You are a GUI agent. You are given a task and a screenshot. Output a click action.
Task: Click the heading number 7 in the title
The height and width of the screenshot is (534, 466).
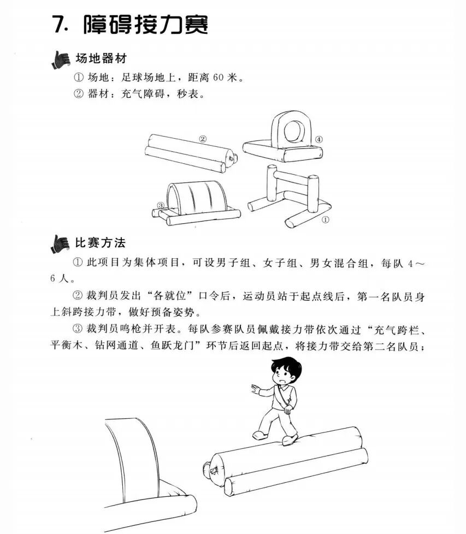60,24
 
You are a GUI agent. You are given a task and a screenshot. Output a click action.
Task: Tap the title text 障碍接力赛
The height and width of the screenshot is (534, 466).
146,24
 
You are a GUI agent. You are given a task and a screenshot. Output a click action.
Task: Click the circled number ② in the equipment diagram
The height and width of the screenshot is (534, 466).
202,139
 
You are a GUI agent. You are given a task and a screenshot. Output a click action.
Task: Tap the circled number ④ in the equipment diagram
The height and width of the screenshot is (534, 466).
318,139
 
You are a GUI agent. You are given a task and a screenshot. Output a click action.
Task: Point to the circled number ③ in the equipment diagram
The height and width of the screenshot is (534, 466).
161,205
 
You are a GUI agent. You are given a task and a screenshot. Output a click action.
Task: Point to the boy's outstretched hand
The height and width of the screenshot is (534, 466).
255,389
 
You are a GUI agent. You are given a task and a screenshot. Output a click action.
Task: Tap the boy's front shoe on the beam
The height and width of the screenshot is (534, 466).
289,439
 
